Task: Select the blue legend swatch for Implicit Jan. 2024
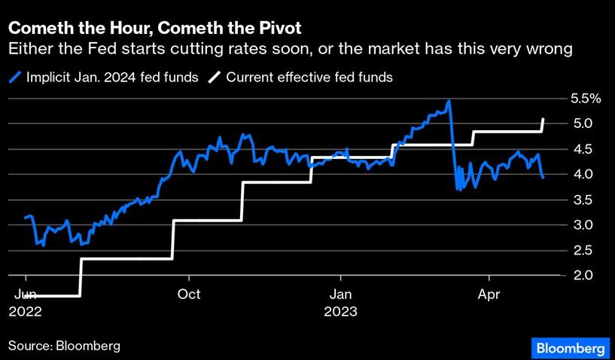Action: (15, 77)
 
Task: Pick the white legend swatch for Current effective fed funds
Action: (215, 77)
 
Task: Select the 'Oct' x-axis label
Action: (189, 294)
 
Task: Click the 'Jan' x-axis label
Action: (340, 294)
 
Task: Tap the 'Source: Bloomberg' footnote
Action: (65, 346)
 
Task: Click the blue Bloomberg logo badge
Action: (571, 348)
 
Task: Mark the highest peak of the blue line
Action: (449, 101)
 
